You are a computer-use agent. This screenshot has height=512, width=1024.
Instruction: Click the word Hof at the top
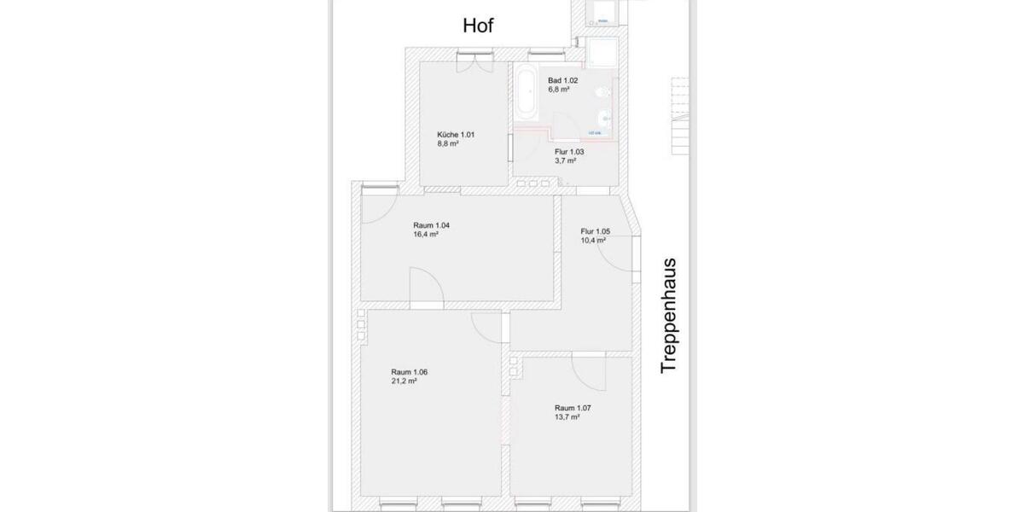point(478,26)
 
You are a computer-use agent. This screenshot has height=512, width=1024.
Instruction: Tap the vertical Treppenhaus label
point(668,315)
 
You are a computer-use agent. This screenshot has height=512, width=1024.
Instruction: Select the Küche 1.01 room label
point(455,135)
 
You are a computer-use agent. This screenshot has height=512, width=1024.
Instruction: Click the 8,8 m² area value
point(448,144)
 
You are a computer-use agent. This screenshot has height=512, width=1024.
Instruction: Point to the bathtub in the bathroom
point(525,93)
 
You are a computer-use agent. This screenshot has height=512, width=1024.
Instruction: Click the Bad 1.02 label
point(563,80)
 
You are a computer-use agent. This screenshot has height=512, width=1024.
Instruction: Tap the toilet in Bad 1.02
point(603,90)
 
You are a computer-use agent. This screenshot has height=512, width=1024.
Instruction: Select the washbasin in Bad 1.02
point(605,117)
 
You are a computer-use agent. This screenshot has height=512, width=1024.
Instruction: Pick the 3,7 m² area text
point(566,160)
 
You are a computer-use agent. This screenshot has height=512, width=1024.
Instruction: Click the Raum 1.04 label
point(431,225)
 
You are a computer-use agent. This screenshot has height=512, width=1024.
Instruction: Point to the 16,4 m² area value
point(426,234)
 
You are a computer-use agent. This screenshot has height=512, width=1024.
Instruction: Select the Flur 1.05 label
point(596,230)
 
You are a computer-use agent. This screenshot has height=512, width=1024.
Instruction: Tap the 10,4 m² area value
point(593,240)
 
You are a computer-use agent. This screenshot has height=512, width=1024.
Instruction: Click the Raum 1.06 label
point(409,372)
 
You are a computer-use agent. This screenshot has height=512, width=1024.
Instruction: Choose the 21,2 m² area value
point(404,381)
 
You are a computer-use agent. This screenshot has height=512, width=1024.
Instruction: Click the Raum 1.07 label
point(573,408)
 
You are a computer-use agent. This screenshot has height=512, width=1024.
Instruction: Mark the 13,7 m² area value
point(567,417)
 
